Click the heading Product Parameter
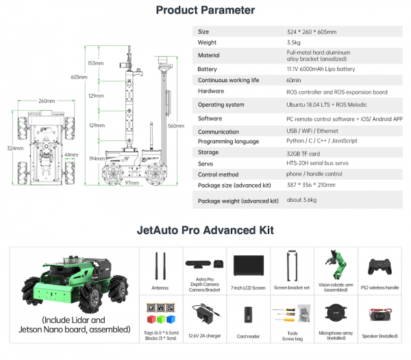coord(206,10)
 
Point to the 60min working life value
coord(295,80)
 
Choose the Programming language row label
coord(228,141)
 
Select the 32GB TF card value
coord(303,153)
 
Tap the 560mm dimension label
coord(176,126)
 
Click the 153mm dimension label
coord(95,63)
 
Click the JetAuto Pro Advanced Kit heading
coord(206,230)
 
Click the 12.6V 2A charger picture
coord(203,314)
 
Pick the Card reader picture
coord(247,316)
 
